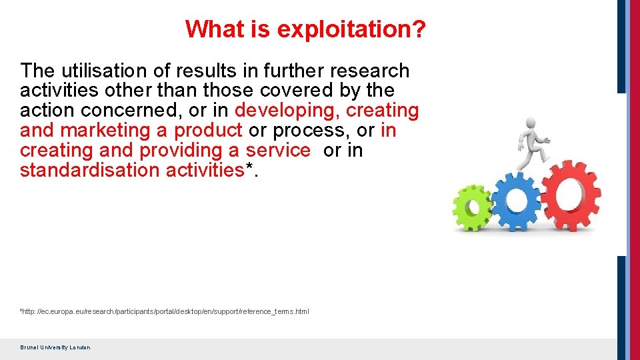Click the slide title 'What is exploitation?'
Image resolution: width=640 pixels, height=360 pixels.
(306, 29)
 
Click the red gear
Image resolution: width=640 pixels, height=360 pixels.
(567, 195)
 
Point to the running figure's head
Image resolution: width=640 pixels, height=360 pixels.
(531, 123)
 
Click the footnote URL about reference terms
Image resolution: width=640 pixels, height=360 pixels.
(165, 312)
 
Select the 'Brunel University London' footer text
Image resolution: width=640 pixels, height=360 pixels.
(55, 347)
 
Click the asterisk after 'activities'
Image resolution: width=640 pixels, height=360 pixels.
(250, 168)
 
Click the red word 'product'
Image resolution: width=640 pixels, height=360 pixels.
(207, 130)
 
